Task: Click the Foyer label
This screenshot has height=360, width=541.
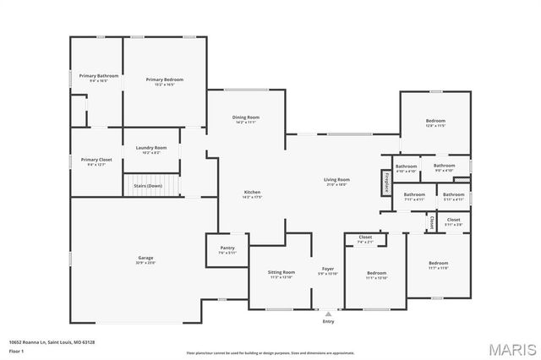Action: tap(327, 270)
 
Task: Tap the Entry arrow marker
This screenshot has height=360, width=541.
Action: tap(328, 314)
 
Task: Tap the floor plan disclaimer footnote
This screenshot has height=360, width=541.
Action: tap(270, 352)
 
